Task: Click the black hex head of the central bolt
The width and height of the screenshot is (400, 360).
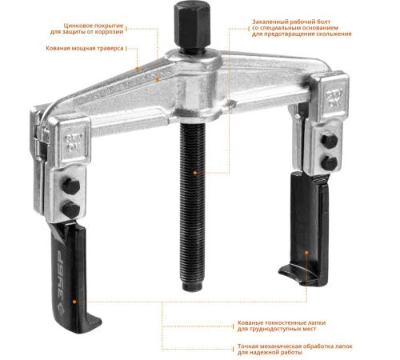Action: tap(192, 26)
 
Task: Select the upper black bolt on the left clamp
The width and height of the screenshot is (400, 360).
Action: tap(71, 186)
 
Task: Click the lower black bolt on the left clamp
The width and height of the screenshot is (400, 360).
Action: tap(71, 210)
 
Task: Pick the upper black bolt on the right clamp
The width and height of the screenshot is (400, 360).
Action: tap(330, 141)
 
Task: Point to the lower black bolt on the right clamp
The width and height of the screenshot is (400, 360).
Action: tap(330, 162)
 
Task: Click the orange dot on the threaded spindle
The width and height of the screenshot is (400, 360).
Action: tap(195, 173)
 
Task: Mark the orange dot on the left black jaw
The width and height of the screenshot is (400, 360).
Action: tap(74, 302)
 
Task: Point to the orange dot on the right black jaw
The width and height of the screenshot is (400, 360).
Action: tap(306, 252)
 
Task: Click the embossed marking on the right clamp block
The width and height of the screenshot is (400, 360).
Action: tap(334, 98)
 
